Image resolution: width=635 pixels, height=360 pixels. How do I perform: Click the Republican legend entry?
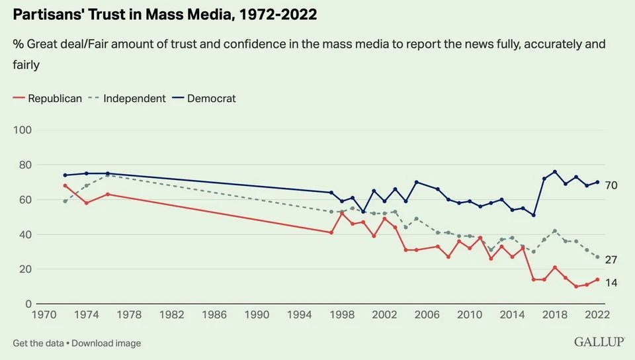(55, 99)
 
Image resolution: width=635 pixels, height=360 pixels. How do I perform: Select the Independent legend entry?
(134, 99)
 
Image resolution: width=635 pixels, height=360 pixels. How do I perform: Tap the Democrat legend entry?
(211, 99)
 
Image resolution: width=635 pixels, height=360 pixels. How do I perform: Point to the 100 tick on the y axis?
(23, 130)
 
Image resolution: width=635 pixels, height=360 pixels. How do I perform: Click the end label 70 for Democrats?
(611, 186)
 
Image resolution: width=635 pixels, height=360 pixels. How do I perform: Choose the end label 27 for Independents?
(611, 260)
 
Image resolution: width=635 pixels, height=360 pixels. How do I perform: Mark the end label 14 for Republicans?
(611, 283)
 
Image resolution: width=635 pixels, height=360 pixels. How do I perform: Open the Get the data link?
(39, 343)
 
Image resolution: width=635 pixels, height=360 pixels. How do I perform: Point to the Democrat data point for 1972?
(65, 175)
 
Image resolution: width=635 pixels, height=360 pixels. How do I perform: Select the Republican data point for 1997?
(331, 232)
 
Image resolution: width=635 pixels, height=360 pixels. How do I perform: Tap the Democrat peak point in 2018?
(555, 172)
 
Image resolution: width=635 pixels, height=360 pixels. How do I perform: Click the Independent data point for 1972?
(65, 201)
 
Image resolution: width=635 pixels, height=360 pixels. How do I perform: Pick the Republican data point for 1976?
(108, 195)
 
